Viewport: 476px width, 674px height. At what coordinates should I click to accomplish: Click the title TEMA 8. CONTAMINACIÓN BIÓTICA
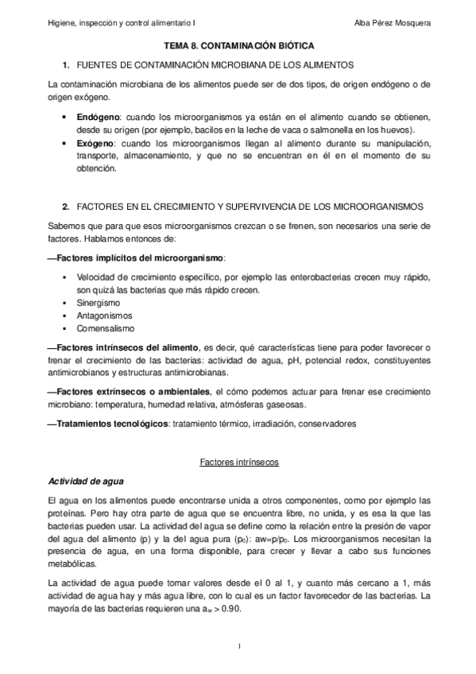(x=238, y=48)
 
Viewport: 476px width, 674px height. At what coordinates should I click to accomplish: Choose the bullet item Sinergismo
(x=98, y=303)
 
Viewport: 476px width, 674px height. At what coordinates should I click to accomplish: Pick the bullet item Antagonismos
(x=103, y=316)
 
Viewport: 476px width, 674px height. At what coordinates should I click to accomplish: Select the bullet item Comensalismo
(x=106, y=328)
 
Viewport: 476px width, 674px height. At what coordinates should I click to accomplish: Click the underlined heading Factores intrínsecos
(x=238, y=462)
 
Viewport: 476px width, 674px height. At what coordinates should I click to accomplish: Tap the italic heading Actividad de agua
(x=84, y=482)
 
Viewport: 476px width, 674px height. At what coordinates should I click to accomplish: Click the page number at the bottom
(x=238, y=645)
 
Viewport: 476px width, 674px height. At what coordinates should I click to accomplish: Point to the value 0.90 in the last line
(x=230, y=610)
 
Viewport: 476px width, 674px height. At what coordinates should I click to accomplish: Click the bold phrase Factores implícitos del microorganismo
(x=141, y=258)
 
